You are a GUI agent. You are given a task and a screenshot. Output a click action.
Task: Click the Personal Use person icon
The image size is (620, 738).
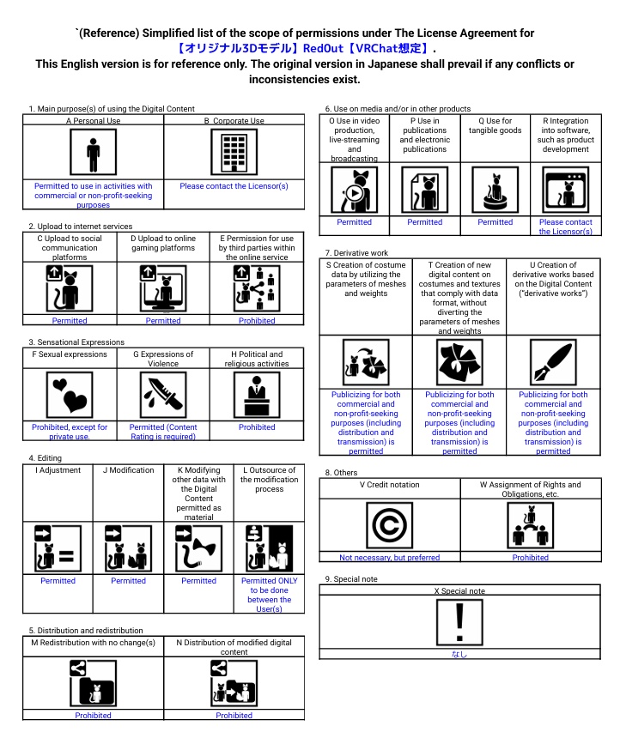(94, 153)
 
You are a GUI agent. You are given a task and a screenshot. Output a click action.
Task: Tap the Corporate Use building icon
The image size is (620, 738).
(234, 153)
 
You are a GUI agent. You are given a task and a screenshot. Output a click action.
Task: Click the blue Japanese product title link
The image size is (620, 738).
(304, 48)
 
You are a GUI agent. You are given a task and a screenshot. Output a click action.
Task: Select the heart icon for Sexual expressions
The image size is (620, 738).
(70, 395)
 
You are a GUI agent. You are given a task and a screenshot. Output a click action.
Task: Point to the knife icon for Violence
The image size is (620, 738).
(163, 395)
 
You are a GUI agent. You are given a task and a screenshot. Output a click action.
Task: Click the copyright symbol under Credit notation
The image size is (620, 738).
(390, 525)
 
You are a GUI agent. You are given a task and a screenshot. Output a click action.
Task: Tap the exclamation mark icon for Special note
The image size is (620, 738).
(459, 623)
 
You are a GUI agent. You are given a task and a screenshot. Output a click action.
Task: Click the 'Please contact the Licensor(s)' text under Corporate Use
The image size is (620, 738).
(234, 186)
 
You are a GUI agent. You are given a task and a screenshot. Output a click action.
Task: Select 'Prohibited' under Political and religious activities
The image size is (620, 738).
(257, 426)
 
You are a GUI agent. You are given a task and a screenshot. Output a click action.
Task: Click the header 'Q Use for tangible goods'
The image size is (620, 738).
(495, 125)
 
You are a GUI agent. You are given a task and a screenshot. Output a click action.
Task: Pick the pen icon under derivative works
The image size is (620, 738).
(553, 362)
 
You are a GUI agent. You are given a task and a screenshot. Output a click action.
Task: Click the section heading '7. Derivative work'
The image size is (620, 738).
(356, 253)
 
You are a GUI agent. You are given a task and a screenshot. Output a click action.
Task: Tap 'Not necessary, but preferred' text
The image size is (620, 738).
(390, 557)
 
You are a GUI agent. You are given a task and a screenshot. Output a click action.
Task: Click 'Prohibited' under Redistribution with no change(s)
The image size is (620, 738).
(94, 715)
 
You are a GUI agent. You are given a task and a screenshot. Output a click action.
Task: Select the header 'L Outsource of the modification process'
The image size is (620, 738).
(269, 480)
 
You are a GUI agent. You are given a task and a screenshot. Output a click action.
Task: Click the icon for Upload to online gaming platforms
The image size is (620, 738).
(163, 288)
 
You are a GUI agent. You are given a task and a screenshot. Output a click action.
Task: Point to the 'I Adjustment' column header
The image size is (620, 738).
(58, 470)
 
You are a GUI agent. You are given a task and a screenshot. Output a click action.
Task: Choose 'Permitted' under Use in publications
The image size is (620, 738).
(425, 221)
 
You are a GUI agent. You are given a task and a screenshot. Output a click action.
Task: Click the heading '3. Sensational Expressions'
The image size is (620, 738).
(76, 342)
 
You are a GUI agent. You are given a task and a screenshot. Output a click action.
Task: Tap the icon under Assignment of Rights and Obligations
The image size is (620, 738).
(531, 525)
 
